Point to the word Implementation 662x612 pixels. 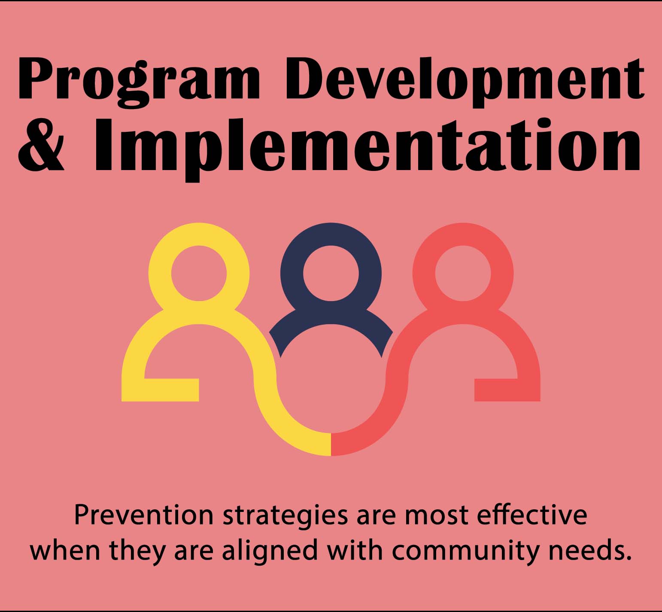[367, 146]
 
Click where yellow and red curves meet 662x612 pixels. [331, 444]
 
